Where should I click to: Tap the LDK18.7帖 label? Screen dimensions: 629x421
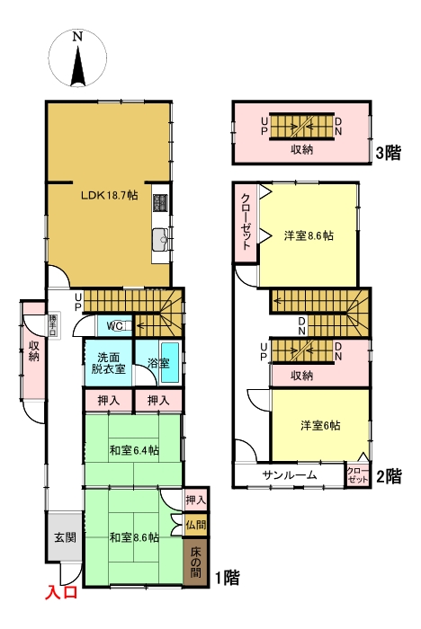point(109,195)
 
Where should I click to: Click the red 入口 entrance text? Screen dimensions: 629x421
point(62,592)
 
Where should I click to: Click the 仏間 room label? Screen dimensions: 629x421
point(196,523)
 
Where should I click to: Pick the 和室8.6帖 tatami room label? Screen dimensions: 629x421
point(134,537)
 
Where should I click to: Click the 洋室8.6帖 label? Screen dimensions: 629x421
point(309,236)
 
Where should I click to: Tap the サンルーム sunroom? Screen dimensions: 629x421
point(289,474)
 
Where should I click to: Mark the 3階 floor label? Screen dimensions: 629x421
point(388,153)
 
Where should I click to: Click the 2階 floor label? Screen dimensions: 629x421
point(388,476)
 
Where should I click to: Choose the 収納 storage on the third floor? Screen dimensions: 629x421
point(301,149)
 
